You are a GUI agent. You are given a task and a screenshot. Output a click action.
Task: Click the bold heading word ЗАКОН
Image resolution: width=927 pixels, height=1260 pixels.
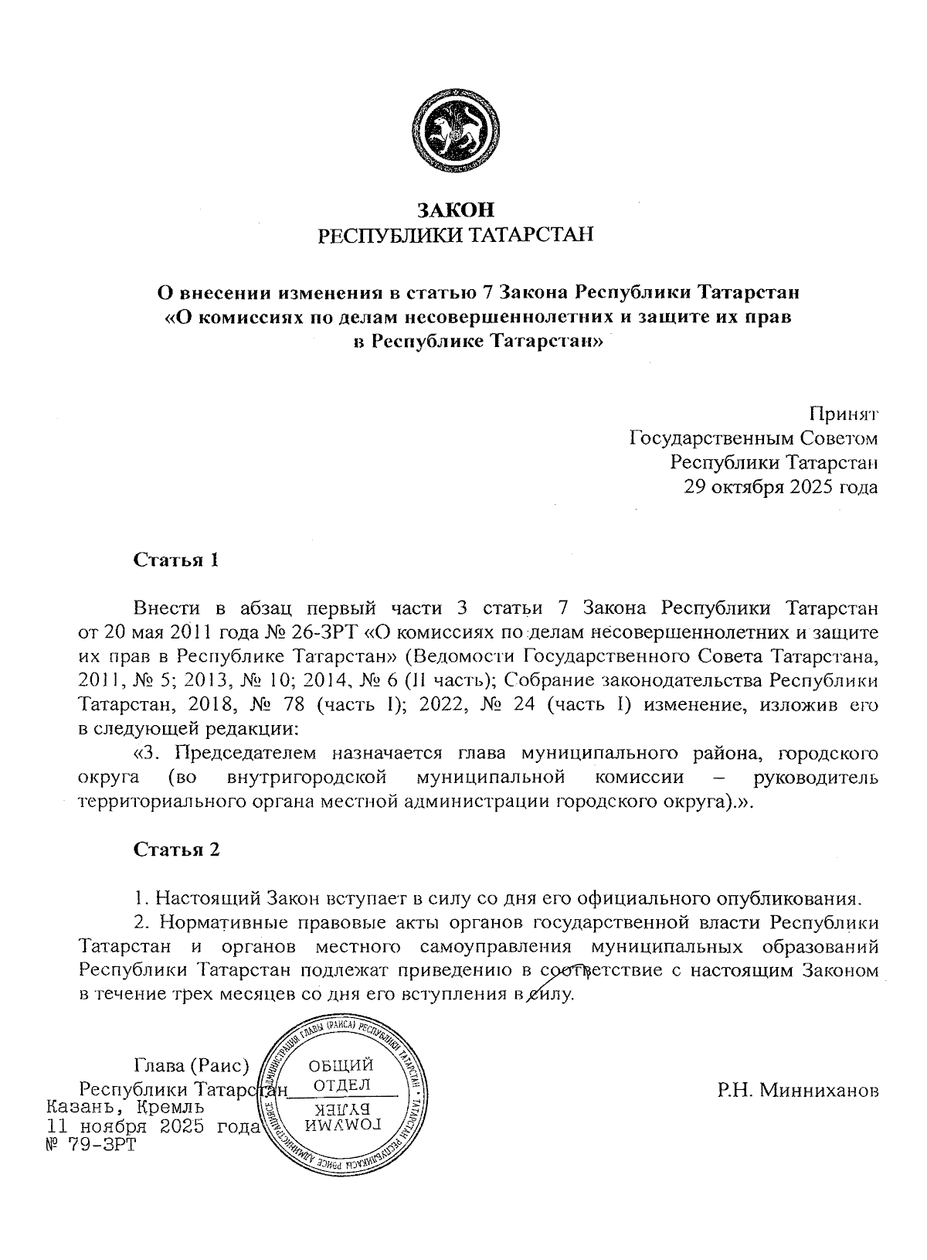pos(456,209)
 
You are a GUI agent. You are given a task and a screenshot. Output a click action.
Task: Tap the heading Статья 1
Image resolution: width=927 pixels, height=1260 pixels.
pos(177,560)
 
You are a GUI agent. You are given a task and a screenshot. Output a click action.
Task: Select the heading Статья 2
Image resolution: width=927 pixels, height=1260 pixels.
pos(177,850)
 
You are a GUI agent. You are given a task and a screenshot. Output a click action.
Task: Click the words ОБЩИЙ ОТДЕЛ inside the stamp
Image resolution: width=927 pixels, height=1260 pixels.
pos(341,1077)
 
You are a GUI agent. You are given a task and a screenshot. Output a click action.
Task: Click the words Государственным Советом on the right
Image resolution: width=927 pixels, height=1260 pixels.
pos(754,439)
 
